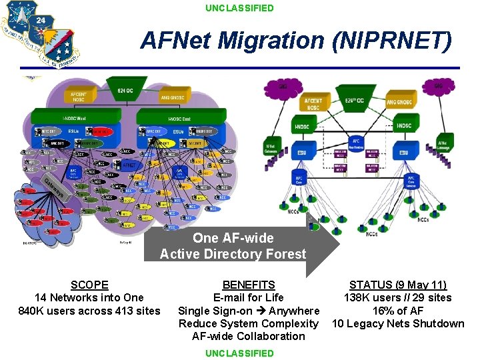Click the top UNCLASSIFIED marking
point(239,8)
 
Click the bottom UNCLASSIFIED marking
point(239,353)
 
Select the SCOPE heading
point(89,285)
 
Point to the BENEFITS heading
point(248,285)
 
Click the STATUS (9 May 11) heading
point(398,285)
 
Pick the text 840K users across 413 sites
point(89,311)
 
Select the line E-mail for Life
point(248,297)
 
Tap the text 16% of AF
point(398,311)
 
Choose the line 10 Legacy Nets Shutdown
point(398,323)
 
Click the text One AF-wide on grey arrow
point(233,238)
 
